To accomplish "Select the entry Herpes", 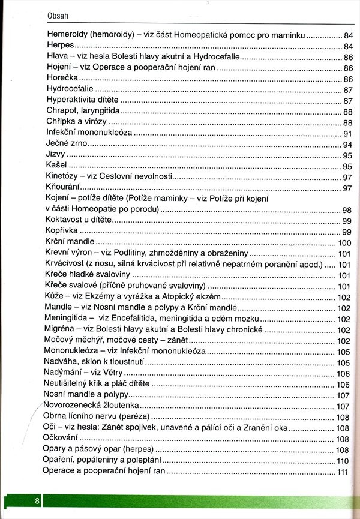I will (x=60, y=46).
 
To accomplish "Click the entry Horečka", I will (x=63, y=78).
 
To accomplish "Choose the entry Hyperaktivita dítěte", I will (x=82, y=100).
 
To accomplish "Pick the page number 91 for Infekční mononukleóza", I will (x=347, y=133).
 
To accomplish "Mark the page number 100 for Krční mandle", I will (x=344, y=243).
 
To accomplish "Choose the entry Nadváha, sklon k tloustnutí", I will (x=94, y=362).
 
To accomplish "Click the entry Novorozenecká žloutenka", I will (x=88, y=406).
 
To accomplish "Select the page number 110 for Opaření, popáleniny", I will (x=343, y=461).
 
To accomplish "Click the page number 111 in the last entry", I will (x=343, y=472).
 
